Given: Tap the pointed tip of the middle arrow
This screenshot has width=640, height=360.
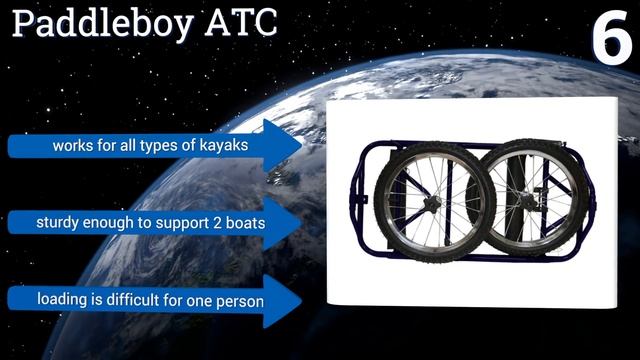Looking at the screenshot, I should tap(301, 221).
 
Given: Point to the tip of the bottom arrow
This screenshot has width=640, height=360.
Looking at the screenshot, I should tap(301, 299).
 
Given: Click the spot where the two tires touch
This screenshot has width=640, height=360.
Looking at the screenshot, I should tap(485, 200).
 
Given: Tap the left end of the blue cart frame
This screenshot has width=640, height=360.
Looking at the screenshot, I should tap(361, 200).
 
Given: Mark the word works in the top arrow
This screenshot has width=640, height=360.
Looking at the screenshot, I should tap(73, 146).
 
